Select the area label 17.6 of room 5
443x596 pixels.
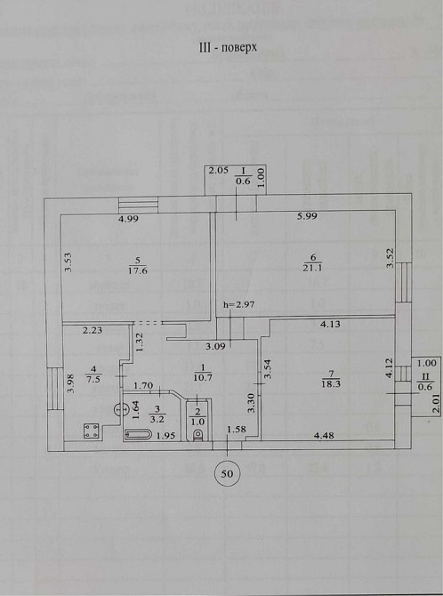click(x=137, y=271)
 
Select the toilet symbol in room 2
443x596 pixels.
click(x=197, y=434)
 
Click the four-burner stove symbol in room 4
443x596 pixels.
click(x=91, y=431)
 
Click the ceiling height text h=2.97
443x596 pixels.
click(x=238, y=305)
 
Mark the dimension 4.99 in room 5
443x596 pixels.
click(x=132, y=219)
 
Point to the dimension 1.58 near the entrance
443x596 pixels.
click(x=237, y=431)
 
